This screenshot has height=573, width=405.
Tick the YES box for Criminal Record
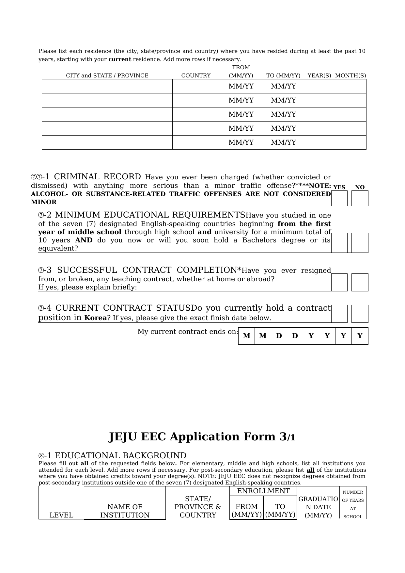pos(339,198)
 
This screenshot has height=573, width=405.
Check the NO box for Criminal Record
pos(360,198)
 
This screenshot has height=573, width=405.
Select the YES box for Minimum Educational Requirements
pos(339,243)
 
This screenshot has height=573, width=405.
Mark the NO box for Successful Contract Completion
pos(360,282)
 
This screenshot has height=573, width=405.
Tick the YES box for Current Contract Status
pos(339,314)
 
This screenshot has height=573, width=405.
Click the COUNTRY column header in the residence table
pos(196,76)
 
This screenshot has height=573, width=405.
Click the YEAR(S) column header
pos(319,76)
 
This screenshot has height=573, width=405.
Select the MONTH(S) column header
pos(350,76)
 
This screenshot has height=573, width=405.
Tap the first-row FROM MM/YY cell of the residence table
pos(241,87)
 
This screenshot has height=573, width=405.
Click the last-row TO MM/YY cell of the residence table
pos(283,142)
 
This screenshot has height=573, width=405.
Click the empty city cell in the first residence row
pos(107,87)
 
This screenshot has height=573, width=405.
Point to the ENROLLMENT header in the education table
pos(263,491)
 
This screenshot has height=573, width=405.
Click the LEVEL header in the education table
pos(61,515)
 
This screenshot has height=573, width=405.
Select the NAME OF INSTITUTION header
pos(125,511)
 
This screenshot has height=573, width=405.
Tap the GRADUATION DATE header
pos(318,507)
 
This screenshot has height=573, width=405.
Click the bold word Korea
pos(96,318)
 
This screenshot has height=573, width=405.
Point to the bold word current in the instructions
pos(119,59)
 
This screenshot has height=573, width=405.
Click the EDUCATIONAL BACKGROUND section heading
pos(121,456)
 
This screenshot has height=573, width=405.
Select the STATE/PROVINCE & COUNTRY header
pos(198,507)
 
